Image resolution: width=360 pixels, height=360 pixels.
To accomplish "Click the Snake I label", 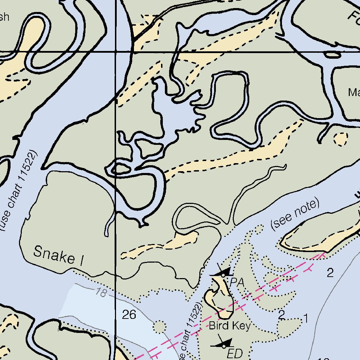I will tap(59, 255).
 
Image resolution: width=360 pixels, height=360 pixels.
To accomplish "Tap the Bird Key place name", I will tap(230, 326).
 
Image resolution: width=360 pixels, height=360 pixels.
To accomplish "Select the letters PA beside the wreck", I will tap(238, 282).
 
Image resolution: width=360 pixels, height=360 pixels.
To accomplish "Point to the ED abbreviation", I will tap(234, 353).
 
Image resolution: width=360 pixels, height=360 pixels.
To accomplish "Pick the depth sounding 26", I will tap(129, 315).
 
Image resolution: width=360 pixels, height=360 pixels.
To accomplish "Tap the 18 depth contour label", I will tap(101, 292).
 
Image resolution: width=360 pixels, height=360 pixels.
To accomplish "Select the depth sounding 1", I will tap(306, 319).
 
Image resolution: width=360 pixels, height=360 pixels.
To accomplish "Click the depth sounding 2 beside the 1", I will tap(281, 315).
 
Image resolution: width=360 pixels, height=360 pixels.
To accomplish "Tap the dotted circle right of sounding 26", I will tap(160, 327).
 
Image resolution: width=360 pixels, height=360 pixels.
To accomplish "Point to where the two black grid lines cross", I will tap(116, 52).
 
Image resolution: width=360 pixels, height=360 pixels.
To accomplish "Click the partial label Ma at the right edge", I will tap(353, 92).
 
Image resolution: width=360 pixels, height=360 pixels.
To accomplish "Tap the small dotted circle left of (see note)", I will tap(259, 229).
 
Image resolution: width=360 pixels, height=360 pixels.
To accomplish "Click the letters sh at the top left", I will tap(4, 17).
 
